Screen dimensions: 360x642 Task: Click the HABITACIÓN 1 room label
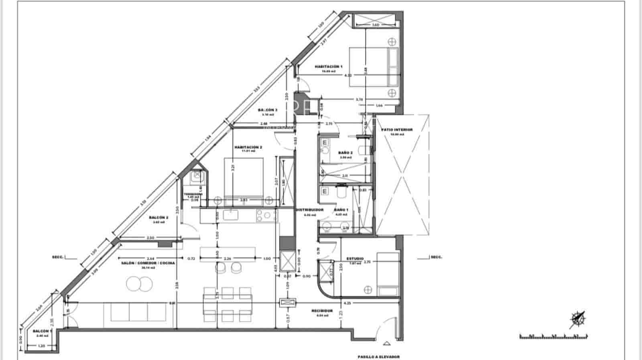(x=328, y=67)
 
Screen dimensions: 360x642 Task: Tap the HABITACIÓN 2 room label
(x=248, y=147)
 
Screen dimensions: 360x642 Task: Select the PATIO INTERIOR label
(x=397, y=130)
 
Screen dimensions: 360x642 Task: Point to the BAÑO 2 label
(x=345, y=153)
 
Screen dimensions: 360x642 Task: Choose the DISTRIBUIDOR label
(x=310, y=210)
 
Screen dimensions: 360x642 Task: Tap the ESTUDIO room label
(x=355, y=259)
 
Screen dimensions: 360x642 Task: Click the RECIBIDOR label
(x=322, y=311)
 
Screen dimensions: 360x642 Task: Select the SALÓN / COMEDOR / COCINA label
(x=148, y=263)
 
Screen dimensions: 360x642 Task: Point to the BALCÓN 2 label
(x=158, y=218)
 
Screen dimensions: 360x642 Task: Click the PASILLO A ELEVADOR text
(x=379, y=356)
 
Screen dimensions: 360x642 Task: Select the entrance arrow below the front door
(x=386, y=344)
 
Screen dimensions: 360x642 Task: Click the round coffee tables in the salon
(x=139, y=284)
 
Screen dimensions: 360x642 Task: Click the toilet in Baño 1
(x=341, y=193)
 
